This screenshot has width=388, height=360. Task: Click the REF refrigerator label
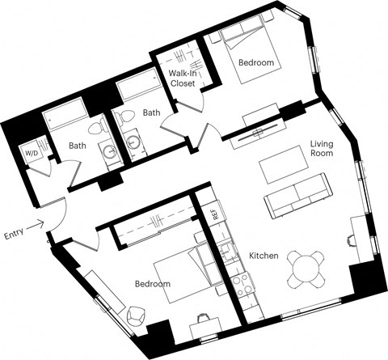(x=215, y=215)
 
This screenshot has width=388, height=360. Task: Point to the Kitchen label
(x=264, y=256)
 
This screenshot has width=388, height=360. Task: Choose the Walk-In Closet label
(x=183, y=78)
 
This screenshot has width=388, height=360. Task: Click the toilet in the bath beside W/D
(x=94, y=126)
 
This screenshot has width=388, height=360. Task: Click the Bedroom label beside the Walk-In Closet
(x=255, y=62)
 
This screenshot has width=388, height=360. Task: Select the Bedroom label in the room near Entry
(x=152, y=284)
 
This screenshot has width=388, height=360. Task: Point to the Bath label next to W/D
(x=78, y=146)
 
